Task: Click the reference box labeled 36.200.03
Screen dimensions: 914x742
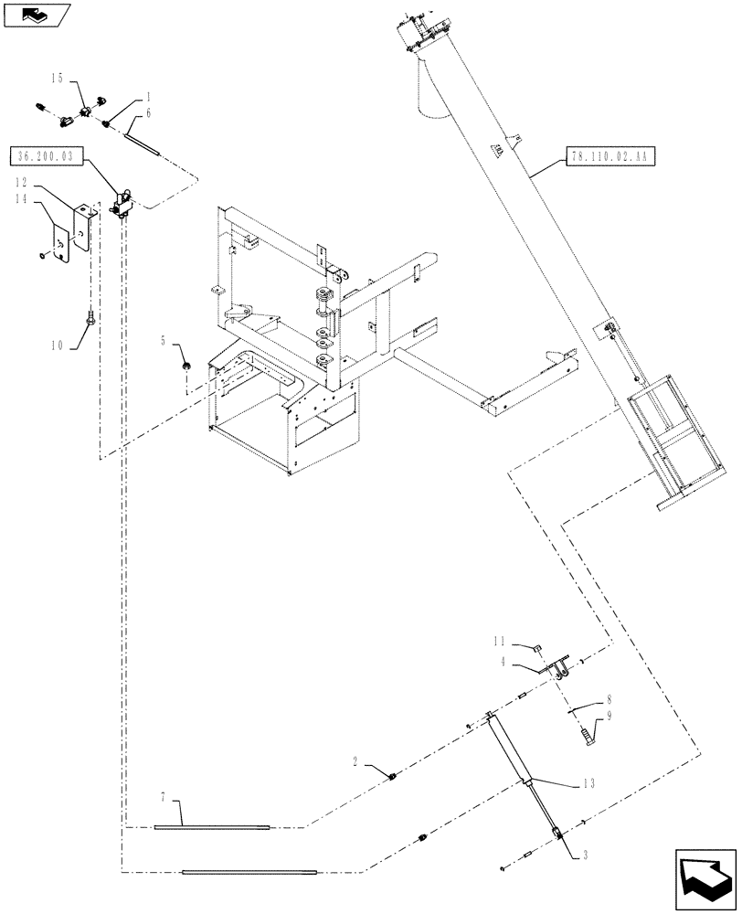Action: click(x=47, y=156)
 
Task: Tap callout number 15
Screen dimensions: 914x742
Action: click(x=58, y=80)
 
